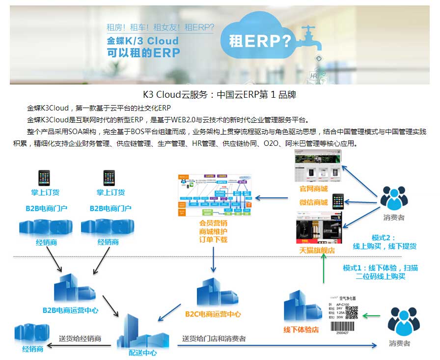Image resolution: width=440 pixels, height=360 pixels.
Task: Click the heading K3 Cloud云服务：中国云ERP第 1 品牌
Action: [220, 94]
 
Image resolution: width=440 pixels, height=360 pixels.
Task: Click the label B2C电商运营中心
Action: [213, 314]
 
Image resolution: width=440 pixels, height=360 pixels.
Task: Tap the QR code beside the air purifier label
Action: [351, 313]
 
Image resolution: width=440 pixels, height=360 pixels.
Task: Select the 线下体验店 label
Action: [301, 330]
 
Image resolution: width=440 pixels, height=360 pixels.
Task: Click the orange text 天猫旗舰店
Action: [317, 250]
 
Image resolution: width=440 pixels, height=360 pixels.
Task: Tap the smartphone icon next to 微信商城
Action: [338, 201]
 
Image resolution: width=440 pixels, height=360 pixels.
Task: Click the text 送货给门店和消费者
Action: [214, 338]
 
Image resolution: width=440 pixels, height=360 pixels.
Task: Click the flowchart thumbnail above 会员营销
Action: [213, 194]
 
